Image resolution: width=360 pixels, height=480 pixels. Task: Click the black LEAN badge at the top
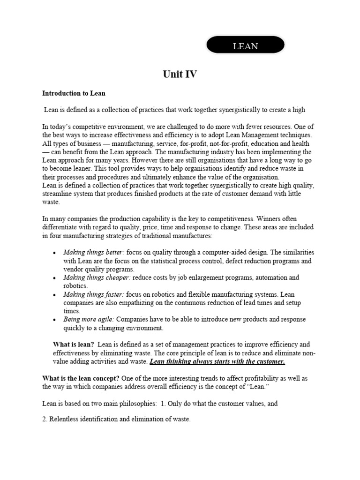[x=246, y=45]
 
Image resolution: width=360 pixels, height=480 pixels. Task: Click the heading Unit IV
[x=180, y=74]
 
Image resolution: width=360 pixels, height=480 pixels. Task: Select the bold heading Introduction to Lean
[x=74, y=93]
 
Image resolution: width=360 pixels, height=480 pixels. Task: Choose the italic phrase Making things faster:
[x=94, y=294]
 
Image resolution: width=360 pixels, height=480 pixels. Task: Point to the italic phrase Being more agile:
[x=89, y=319]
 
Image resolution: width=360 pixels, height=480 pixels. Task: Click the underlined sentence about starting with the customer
[x=217, y=361]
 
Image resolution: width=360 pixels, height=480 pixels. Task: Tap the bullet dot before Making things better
[x=54, y=253]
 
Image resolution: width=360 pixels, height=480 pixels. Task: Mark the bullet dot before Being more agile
[x=54, y=320]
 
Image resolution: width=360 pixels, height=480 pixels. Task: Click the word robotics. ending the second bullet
[x=75, y=285]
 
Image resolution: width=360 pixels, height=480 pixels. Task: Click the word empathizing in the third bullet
[x=129, y=302]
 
